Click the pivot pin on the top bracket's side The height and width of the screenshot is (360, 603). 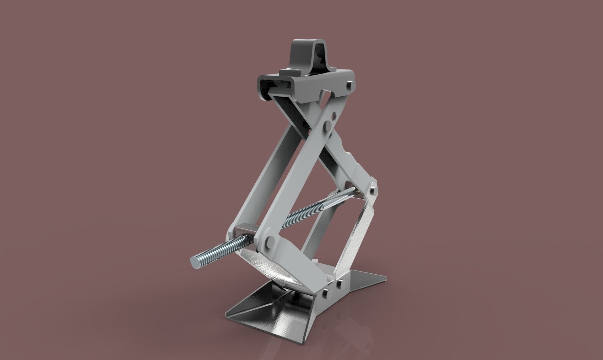(x=350, y=85)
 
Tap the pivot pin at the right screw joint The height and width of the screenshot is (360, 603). (x=372, y=190)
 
